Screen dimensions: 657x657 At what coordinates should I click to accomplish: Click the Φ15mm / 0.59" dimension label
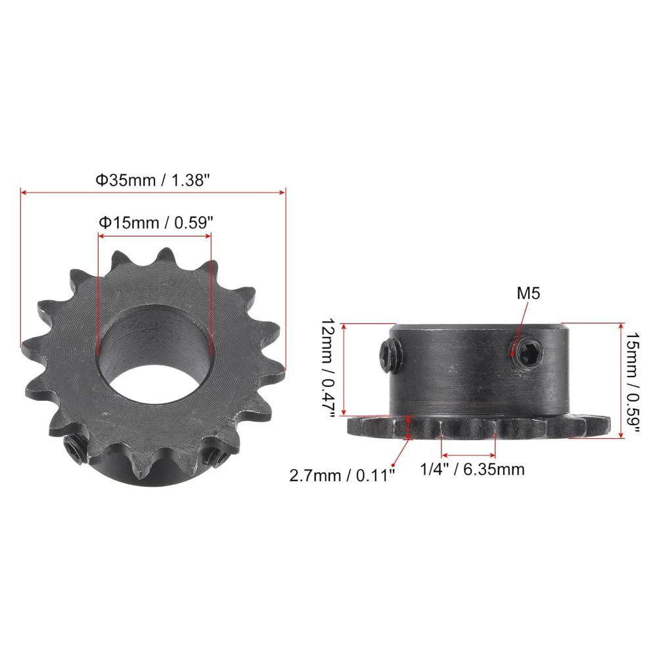(x=156, y=223)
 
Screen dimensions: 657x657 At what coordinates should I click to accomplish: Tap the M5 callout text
(x=528, y=293)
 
